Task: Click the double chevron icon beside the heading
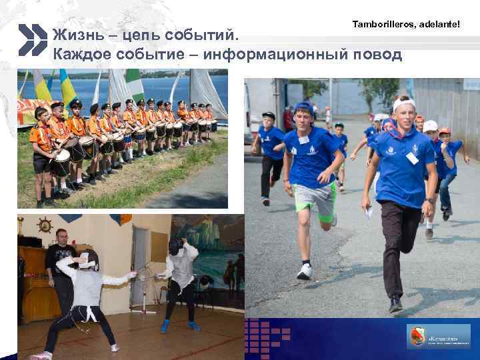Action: click(32, 40)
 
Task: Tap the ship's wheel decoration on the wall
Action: click(45, 224)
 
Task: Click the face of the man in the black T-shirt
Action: click(61, 237)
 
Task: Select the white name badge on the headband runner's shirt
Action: click(412, 158)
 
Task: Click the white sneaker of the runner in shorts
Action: click(305, 272)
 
